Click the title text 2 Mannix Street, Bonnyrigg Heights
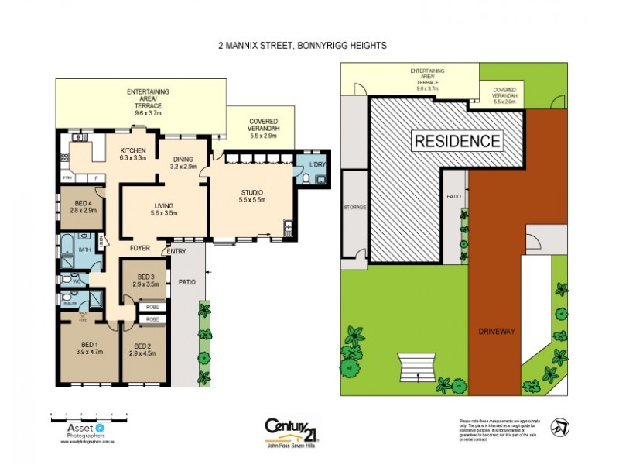[302, 46]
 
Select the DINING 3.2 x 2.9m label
[183, 163]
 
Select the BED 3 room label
[146, 281]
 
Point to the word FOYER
[139, 249]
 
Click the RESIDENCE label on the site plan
[457, 141]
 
